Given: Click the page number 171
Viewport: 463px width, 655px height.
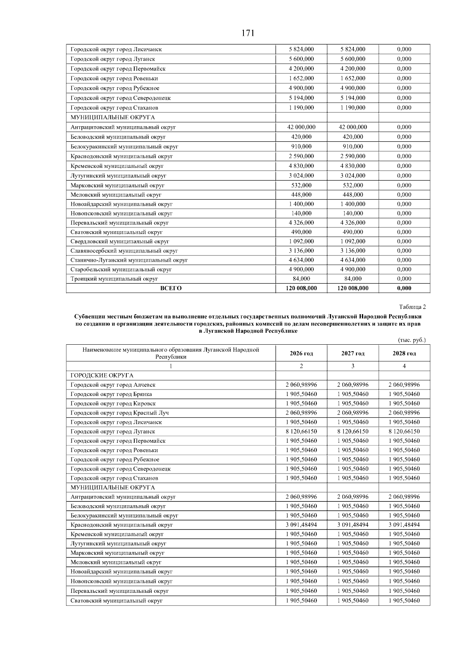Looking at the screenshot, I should coord(248,33).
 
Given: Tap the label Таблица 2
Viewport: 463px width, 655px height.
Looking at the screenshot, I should coord(412,307).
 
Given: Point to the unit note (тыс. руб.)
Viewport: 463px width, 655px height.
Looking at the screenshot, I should coord(412,340).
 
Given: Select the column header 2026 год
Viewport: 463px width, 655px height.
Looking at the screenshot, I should coord(301,354).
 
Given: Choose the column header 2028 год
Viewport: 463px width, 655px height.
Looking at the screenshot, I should coord(404,354).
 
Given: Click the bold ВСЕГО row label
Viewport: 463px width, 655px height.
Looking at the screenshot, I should coord(171,288).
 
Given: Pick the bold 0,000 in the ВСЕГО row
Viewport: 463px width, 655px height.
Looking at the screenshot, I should coord(404,288).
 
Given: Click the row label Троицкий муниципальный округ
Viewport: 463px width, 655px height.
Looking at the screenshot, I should coord(114,279).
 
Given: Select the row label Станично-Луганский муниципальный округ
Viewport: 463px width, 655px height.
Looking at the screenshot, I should coord(129,260).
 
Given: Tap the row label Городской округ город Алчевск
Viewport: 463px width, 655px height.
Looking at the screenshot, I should coord(113,385).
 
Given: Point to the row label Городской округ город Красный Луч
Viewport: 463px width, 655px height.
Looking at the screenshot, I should coord(120,413).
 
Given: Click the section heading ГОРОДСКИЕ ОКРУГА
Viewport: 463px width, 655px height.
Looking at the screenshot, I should coord(102,376).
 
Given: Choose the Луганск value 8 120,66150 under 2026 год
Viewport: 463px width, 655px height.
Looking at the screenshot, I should coord(301,432).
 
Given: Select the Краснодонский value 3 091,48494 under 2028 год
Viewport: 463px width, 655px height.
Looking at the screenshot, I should coord(404,525).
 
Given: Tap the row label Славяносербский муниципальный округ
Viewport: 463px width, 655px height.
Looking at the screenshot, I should coord(124,251).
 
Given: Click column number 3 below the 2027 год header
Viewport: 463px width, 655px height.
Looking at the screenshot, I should coord(353,366).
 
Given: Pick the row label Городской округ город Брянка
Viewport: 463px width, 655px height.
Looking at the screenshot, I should coord(111,394).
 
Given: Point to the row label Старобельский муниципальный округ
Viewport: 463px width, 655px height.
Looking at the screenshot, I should coord(121,269).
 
